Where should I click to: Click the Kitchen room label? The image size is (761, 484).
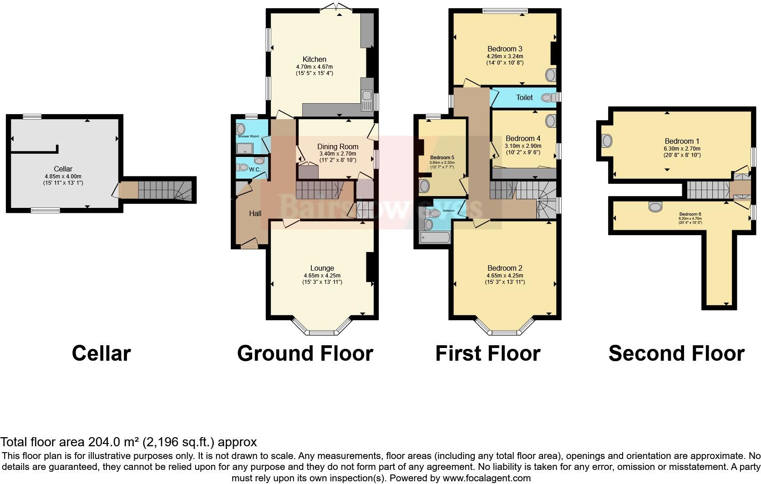[x=315, y=59]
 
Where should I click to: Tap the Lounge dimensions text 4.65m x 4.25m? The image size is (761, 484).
[x=322, y=275]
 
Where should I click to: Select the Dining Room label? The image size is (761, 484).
[x=338, y=146]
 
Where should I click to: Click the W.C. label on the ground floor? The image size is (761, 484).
[x=254, y=170]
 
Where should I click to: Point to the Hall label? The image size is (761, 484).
[x=255, y=213]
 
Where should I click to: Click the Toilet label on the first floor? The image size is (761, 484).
[x=524, y=97]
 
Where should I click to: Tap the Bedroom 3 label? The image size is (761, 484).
[x=505, y=49]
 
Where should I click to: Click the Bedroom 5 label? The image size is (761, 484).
[x=442, y=157]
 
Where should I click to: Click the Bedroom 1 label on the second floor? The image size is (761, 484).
[x=682, y=141]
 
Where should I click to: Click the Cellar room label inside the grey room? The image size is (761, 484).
[x=63, y=169]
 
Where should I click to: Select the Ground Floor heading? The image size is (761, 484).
[x=305, y=353]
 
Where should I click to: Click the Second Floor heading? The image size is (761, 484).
[x=676, y=353]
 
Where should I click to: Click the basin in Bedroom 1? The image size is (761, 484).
[x=606, y=141]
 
